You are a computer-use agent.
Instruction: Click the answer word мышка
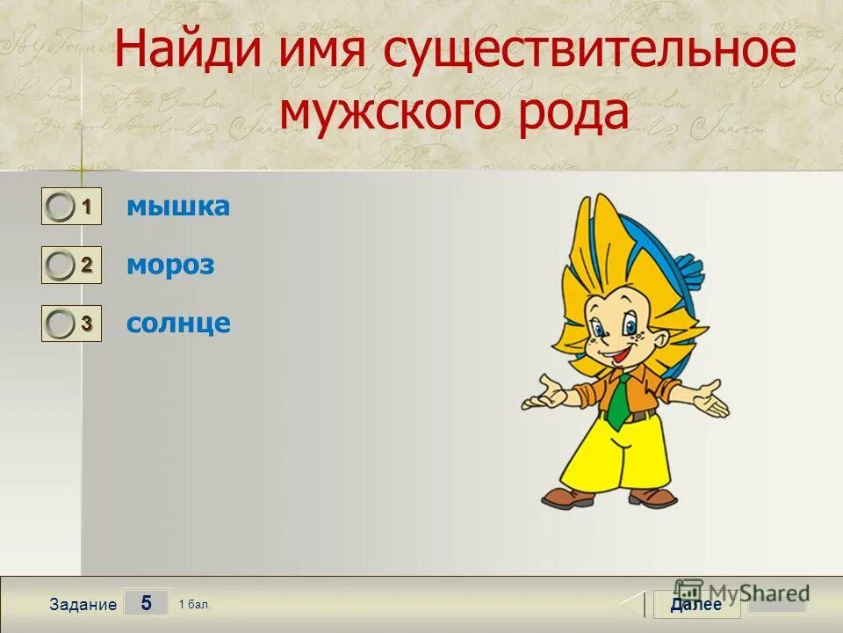click(178, 207)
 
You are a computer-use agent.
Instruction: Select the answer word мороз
click(170, 266)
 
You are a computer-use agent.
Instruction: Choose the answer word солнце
click(178, 324)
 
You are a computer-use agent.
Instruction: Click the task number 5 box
click(146, 603)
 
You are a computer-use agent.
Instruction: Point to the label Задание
click(83, 605)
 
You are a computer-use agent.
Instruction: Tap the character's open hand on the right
click(708, 400)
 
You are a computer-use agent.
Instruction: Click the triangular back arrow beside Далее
click(634, 605)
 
